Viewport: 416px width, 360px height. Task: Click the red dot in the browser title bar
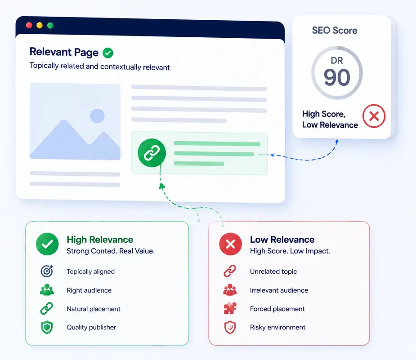pyautogui.click(x=29, y=25)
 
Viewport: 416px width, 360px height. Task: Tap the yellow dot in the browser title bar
pyautogui.click(x=40, y=26)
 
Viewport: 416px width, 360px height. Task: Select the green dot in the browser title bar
pyautogui.click(x=50, y=26)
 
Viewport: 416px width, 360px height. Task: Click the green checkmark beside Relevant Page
pyautogui.click(x=108, y=53)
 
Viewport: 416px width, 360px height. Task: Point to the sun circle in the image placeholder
pyautogui.click(x=98, y=116)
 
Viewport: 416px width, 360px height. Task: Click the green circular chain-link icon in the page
pyautogui.click(x=152, y=153)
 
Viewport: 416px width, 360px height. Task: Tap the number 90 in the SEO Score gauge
pyautogui.click(x=337, y=77)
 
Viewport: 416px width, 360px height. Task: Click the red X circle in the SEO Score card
pyautogui.click(x=374, y=116)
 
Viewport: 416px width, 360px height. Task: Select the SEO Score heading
pyautogui.click(x=335, y=31)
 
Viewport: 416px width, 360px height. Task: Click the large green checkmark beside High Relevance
pyautogui.click(x=47, y=244)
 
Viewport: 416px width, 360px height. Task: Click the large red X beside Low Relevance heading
pyautogui.click(x=230, y=244)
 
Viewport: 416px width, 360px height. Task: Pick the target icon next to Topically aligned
pyautogui.click(x=47, y=271)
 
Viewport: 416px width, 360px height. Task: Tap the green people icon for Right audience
pyautogui.click(x=47, y=290)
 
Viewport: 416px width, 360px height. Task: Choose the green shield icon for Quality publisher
pyautogui.click(x=47, y=327)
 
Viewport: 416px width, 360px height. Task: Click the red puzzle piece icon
pyautogui.click(x=230, y=309)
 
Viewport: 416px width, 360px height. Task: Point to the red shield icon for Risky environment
pyautogui.click(x=230, y=327)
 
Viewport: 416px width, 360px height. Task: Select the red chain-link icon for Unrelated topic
pyautogui.click(x=230, y=271)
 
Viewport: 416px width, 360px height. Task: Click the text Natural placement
pyautogui.click(x=94, y=309)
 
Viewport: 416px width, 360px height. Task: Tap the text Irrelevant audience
pyautogui.click(x=279, y=290)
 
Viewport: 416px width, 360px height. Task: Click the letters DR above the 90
pyautogui.click(x=337, y=61)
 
